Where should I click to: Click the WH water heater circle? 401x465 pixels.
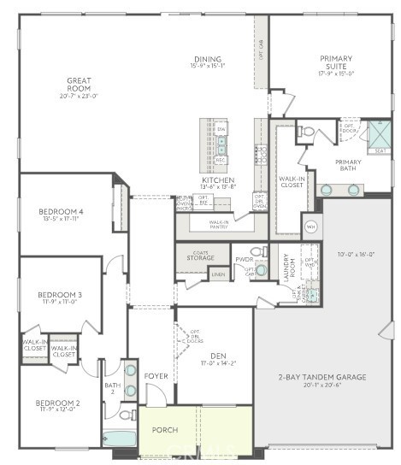pyautogui.click(x=311, y=227)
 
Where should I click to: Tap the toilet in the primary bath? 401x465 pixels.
pyautogui.click(x=308, y=132)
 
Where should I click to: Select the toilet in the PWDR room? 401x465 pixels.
pyautogui.click(x=257, y=252)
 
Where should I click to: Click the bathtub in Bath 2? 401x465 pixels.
pyautogui.click(x=119, y=438)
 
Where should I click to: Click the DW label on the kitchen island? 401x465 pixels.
pyautogui.click(x=221, y=128)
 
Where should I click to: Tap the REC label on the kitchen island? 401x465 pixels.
pyautogui.click(x=221, y=160)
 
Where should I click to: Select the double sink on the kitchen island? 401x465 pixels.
pyautogui.click(x=221, y=144)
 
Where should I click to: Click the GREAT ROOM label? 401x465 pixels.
pyautogui.click(x=79, y=85)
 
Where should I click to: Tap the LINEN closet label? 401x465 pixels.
pyautogui.click(x=219, y=274)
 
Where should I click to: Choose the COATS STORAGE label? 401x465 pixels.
pyautogui.click(x=203, y=254)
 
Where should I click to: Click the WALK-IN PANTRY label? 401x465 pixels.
pyautogui.click(x=219, y=224)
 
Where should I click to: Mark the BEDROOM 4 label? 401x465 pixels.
pyautogui.click(x=61, y=211)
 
